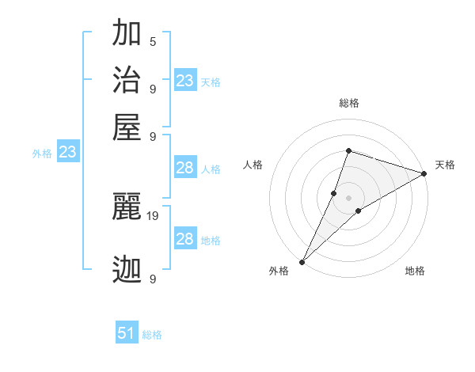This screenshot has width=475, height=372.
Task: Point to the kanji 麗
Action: (127, 207)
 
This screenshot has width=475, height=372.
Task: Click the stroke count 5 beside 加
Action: (153, 41)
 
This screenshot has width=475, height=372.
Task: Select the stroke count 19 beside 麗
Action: (153, 214)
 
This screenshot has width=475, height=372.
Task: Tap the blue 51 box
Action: (127, 333)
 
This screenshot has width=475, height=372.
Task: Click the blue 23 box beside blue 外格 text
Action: (67, 153)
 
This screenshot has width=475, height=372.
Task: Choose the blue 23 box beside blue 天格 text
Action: (185, 81)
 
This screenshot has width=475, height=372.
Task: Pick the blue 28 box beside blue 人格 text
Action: (185, 168)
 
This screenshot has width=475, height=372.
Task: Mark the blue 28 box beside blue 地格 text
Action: (185, 239)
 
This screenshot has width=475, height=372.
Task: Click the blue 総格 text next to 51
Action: (152, 335)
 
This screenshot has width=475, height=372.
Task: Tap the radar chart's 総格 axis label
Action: (349, 103)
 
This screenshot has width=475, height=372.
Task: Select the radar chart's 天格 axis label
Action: (445, 165)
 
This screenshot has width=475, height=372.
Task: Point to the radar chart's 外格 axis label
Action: (279, 271)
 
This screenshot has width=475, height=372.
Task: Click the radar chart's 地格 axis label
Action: (415, 271)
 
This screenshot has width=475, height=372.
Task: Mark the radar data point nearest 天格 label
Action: (424, 174)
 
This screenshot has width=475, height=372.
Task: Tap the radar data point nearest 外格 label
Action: (302, 261)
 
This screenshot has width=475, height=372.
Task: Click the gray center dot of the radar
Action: (348, 197)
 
